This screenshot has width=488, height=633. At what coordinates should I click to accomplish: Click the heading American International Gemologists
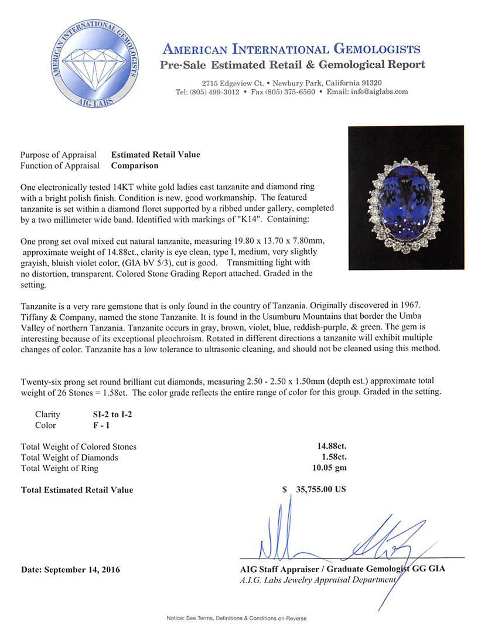291,49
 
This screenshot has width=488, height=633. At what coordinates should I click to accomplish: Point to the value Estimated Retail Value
155,155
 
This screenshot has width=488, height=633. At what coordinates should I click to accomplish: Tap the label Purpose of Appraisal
59,155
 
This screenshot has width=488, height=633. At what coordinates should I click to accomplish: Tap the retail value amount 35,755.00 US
320,489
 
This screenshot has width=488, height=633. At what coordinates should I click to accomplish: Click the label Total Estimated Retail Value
77,490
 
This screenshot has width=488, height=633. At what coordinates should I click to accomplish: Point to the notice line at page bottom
236,618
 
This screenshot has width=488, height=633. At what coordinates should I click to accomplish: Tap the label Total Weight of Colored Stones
79,447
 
